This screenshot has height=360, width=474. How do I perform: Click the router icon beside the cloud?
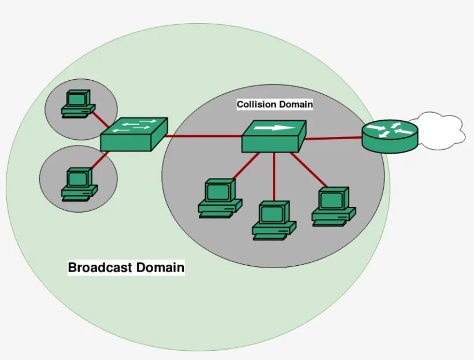coord(390,136)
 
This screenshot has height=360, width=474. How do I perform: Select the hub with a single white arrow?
coord(273,136)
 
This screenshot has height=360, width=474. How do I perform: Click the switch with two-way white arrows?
coord(134,134)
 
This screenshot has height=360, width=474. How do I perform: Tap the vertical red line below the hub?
coord(274,176)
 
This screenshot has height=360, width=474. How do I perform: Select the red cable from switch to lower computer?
coord(100,162)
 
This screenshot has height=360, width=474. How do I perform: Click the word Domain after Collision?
coord(296,105)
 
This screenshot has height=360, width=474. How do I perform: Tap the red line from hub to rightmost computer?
coord(309,170)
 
